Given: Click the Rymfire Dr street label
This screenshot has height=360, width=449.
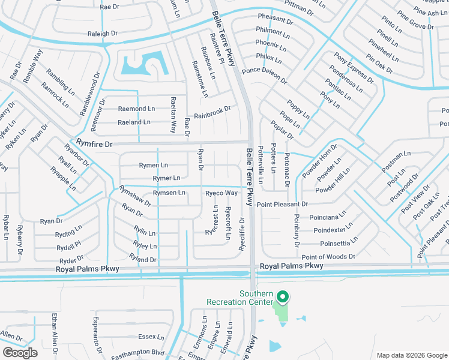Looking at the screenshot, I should (95, 143).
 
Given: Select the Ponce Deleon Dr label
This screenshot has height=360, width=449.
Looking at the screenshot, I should (264, 76).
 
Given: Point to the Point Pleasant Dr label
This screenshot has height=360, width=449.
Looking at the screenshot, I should (282, 204).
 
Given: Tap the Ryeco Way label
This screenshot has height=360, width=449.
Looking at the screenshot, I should (221, 193).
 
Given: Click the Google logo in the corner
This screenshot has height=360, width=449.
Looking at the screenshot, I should (20, 353).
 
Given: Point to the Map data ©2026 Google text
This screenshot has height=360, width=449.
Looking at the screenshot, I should (411, 355).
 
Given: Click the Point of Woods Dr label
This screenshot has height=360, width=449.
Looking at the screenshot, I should (328, 256).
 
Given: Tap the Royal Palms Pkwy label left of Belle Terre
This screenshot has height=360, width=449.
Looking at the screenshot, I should (89, 269).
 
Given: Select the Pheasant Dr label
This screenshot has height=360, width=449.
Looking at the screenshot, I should (275, 20).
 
